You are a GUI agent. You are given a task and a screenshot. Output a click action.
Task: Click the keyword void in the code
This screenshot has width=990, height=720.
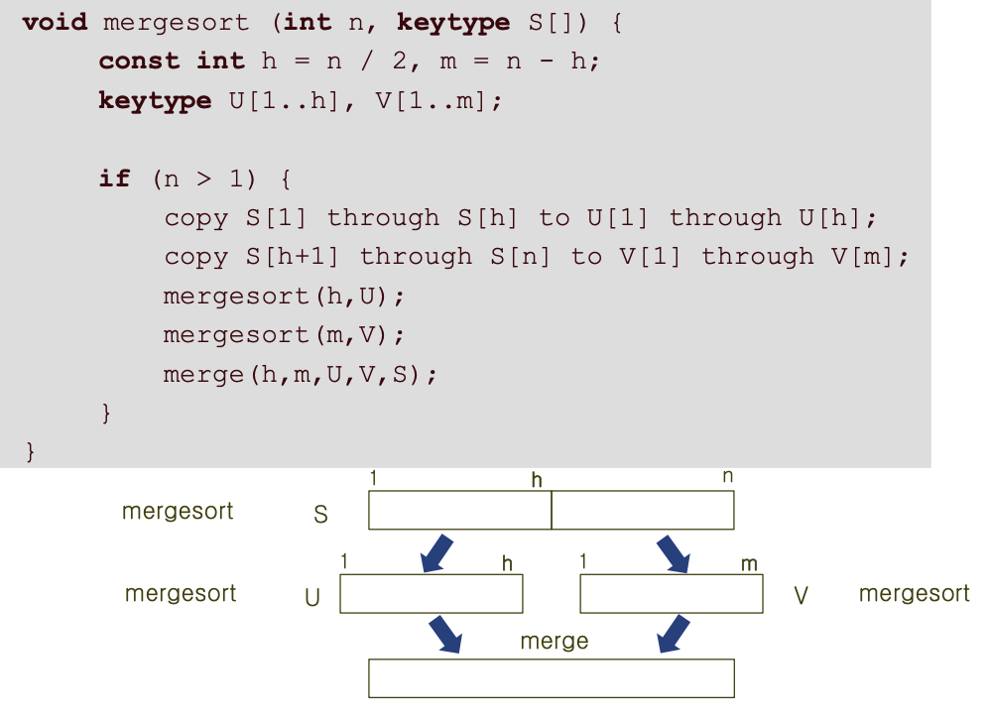(x=55, y=22)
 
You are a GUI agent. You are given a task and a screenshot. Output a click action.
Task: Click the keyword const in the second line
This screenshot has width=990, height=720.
(x=139, y=60)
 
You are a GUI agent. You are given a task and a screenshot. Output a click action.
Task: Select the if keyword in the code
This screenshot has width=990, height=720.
(x=114, y=179)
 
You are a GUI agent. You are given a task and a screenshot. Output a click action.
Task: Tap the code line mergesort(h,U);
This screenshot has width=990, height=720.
(x=285, y=296)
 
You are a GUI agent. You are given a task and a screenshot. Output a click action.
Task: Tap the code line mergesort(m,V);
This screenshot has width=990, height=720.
(x=285, y=335)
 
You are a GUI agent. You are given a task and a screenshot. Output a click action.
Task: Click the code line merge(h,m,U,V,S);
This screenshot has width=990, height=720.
(x=301, y=375)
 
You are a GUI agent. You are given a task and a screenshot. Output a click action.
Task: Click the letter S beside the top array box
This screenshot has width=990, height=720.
(x=320, y=516)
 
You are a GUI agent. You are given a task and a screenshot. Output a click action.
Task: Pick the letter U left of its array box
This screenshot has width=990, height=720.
(x=312, y=598)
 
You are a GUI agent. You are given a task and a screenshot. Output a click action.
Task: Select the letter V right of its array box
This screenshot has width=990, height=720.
(x=802, y=596)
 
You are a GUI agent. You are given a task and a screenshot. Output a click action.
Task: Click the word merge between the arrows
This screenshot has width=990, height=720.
(x=554, y=642)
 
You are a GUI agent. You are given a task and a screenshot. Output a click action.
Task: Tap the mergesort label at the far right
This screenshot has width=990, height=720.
(x=914, y=593)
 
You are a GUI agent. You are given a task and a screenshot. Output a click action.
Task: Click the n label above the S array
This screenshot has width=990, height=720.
(x=727, y=477)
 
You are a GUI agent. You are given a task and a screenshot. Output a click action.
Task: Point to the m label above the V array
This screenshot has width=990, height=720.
(x=749, y=564)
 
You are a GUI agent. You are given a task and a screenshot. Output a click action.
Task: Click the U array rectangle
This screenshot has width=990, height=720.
(x=431, y=594)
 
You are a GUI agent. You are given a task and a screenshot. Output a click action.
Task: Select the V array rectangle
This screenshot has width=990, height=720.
(x=671, y=594)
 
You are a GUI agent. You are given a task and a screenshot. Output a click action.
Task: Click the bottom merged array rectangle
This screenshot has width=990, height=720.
(x=551, y=678)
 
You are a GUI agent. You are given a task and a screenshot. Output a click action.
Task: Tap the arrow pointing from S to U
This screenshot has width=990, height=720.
(x=436, y=553)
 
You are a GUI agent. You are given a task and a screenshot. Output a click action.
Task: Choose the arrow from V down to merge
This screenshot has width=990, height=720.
(x=674, y=635)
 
